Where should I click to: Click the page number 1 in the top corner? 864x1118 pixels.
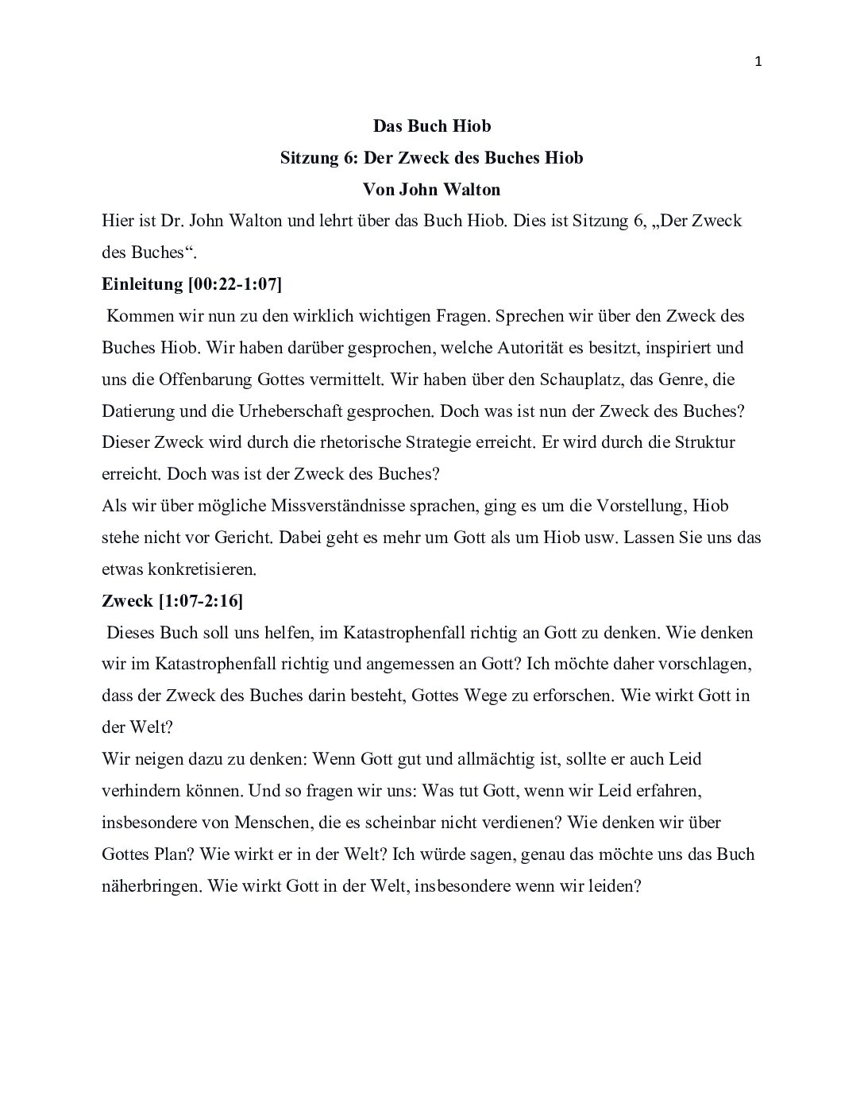click(x=758, y=62)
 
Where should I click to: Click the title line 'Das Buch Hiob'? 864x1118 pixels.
click(x=432, y=126)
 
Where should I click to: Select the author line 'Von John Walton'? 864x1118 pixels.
click(x=431, y=190)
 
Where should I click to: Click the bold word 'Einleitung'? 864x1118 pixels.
click(x=142, y=284)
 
